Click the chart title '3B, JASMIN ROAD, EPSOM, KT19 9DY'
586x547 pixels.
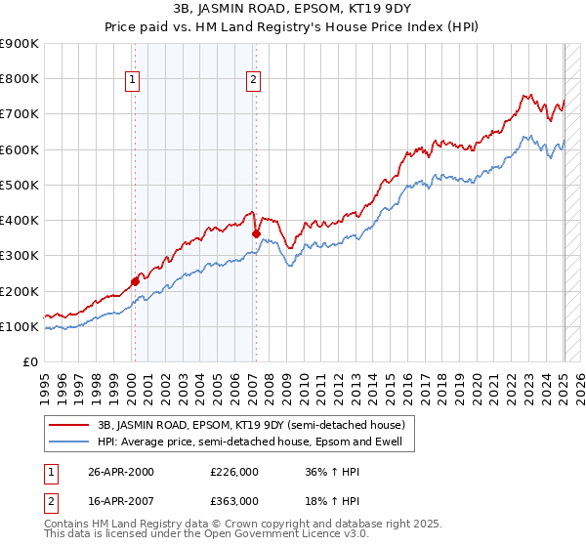point(293,10)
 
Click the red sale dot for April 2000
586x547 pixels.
point(135,281)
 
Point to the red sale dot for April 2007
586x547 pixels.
point(256,233)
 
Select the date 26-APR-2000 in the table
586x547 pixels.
point(121,472)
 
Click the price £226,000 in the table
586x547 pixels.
point(233,472)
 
